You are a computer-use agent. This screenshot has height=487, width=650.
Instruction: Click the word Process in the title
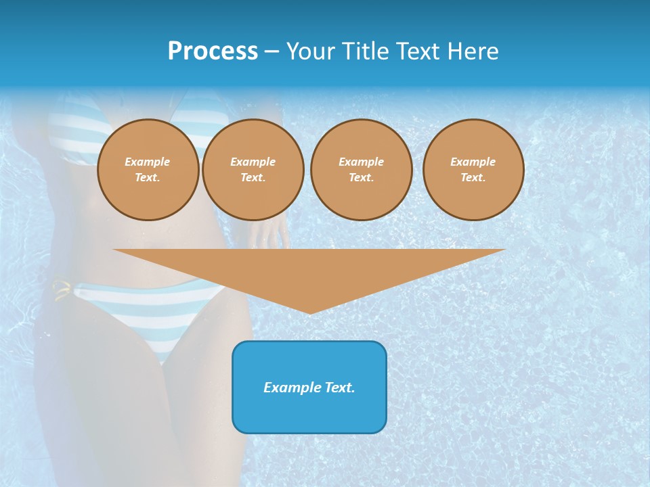pyautogui.click(x=213, y=51)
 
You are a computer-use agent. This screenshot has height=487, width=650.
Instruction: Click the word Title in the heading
pyautogui.click(x=363, y=51)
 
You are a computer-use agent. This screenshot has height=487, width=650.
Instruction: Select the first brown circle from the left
pyautogui.click(x=148, y=170)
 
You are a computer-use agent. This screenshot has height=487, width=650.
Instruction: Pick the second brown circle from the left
pyautogui.click(x=253, y=170)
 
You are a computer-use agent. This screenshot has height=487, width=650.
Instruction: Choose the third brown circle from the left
pyautogui.click(x=362, y=170)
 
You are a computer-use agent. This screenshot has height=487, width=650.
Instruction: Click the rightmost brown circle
pyautogui.click(x=473, y=170)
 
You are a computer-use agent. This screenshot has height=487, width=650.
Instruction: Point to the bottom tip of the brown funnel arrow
pyautogui.click(x=309, y=312)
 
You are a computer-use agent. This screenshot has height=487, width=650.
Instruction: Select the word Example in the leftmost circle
pyautogui.click(x=148, y=162)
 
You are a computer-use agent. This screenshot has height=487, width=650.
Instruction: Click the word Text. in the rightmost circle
pyautogui.click(x=473, y=178)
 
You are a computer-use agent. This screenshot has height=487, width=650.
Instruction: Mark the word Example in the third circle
pyautogui.click(x=362, y=162)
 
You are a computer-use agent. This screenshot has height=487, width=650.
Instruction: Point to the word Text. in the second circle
pyautogui.click(x=253, y=178)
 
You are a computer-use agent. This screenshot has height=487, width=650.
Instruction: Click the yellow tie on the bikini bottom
pyautogui.click(x=62, y=289)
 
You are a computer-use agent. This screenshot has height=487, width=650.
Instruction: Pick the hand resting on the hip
pyautogui.click(x=271, y=233)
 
